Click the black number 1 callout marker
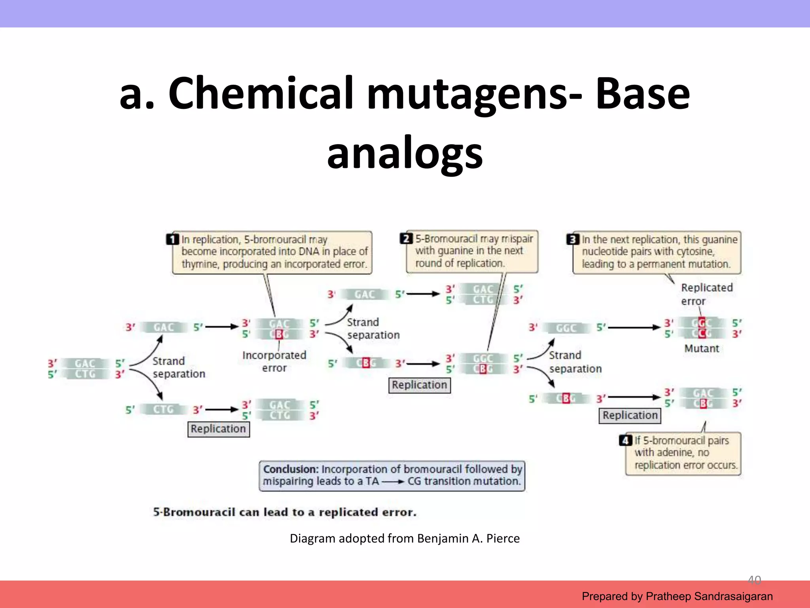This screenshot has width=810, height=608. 172,239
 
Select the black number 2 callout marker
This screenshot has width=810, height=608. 406,239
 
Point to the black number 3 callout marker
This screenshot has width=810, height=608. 572,239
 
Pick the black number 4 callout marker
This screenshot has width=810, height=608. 625,440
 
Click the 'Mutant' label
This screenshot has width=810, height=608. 701,348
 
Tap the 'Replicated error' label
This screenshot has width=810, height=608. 706,294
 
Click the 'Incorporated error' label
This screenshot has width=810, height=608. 274,361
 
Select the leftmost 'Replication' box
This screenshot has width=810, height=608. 218,429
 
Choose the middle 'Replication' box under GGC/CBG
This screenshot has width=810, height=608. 419,385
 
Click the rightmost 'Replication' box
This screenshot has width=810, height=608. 630,415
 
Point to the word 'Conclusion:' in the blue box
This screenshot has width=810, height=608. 291,469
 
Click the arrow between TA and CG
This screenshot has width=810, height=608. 393,482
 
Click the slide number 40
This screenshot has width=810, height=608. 754,580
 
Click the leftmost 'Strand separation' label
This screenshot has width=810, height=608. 178,367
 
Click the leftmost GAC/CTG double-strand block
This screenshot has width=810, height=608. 85,369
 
